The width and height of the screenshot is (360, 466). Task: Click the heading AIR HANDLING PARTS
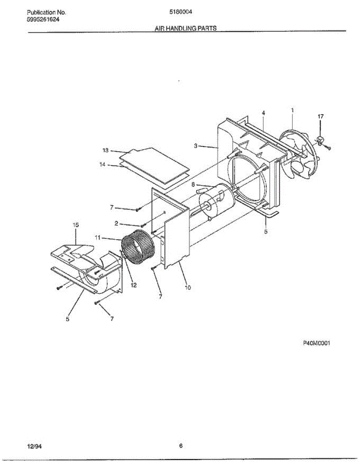pyautogui.click(x=186, y=28)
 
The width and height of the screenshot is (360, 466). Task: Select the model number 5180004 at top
pyautogui.click(x=181, y=12)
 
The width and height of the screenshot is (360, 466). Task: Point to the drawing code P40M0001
pyautogui.click(x=317, y=343)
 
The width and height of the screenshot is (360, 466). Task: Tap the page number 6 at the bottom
pyautogui.click(x=181, y=446)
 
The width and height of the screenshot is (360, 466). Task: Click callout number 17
pyautogui.click(x=320, y=116)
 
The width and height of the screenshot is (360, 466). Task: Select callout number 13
pyautogui.click(x=105, y=150)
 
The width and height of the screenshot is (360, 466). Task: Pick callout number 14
pyautogui.click(x=103, y=164)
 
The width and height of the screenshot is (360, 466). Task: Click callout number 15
pyautogui.click(x=76, y=225)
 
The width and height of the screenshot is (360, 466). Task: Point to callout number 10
pyautogui.click(x=188, y=288)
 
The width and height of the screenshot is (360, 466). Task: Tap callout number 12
pyautogui.click(x=134, y=285)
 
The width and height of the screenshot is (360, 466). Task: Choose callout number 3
pyautogui.click(x=197, y=146)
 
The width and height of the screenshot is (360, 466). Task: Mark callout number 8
pyautogui.click(x=193, y=185)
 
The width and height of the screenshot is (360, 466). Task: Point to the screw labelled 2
pyautogui.click(x=143, y=225)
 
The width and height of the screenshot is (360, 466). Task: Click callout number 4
pyautogui.click(x=263, y=113)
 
